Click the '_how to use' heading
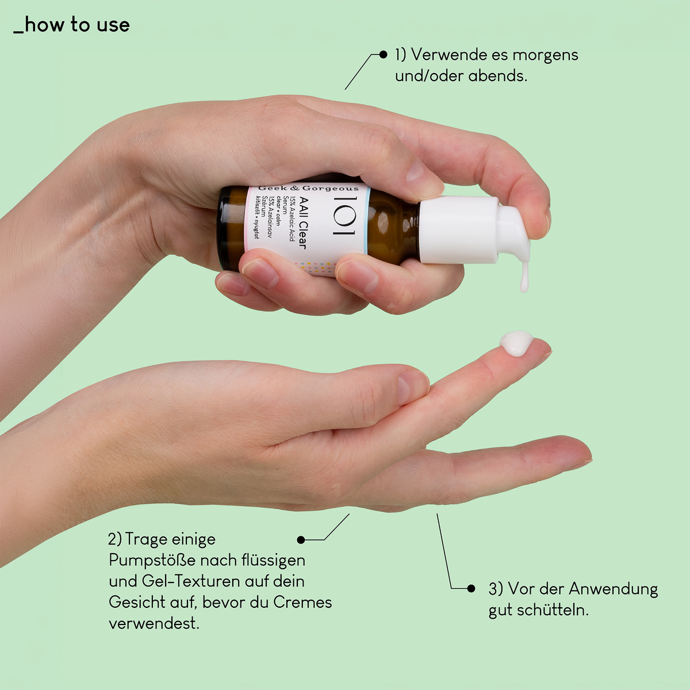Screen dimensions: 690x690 [x=72, y=25]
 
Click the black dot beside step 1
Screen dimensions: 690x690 [x=383, y=55]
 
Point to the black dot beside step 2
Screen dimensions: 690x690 [x=301, y=539]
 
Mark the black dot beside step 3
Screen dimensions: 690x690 [x=471, y=588]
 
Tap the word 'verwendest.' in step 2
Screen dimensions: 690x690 [x=154, y=623]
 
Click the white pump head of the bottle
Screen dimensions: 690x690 [x=473, y=229]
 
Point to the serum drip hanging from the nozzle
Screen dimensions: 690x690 [x=524, y=277]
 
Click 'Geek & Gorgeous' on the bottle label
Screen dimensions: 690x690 [x=308, y=188]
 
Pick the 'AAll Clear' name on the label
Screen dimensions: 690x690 [x=302, y=223]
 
